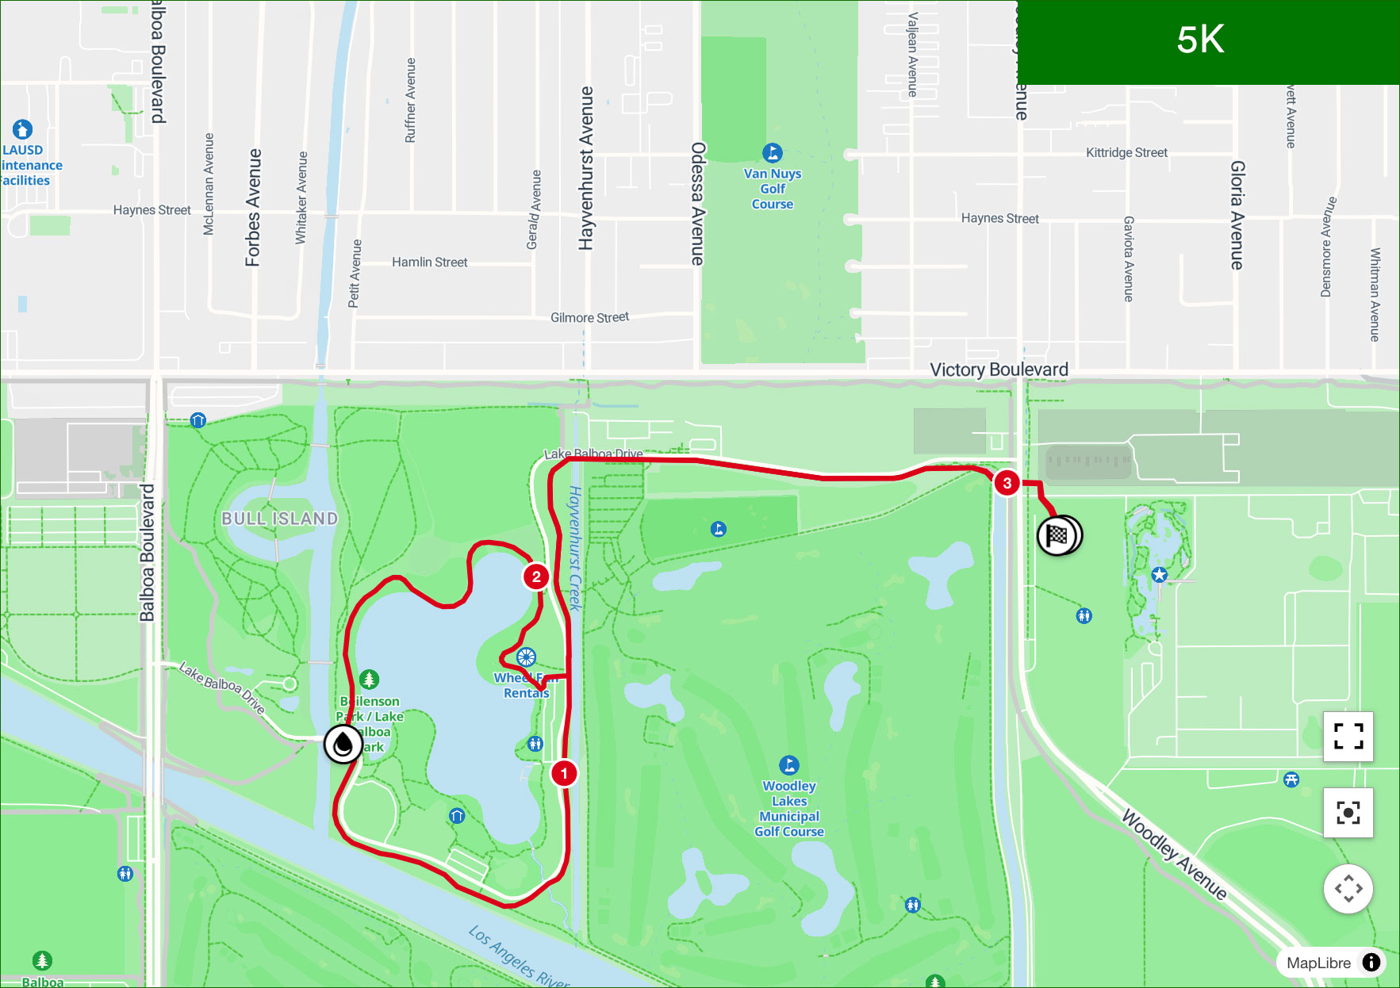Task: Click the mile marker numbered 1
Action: [564, 773]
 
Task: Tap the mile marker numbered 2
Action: [537, 576]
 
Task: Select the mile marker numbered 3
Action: [1007, 483]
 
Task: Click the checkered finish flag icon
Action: [1057, 536]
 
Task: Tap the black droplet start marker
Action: [343, 745]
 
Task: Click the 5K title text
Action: [1200, 40]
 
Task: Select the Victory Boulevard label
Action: [999, 370]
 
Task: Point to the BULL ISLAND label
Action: [279, 519]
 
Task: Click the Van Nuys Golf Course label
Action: [773, 188]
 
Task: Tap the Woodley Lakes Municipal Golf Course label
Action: [789, 808]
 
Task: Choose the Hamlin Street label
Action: [429, 262]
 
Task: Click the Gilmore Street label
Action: [589, 317]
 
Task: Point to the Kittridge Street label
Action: [1126, 152]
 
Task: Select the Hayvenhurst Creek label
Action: [576, 548]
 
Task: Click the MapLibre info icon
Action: [1371, 963]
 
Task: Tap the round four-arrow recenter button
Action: [1348, 889]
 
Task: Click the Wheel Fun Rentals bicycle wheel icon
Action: [526, 657]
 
